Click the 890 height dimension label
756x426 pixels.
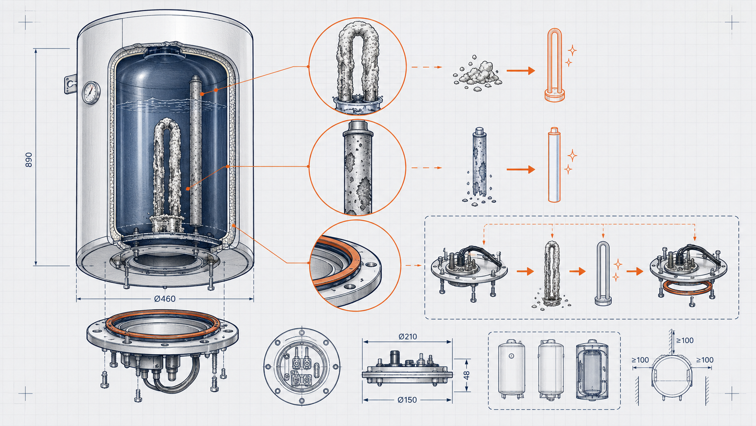click(x=28, y=159)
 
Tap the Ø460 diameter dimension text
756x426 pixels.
click(x=165, y=299)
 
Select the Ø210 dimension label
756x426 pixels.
click(x=407, y=336)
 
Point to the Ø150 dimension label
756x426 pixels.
click(x=407, y=400)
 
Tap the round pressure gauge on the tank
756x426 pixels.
click(x=91, y=92)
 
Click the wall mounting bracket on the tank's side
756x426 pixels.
click(x=71, y=84)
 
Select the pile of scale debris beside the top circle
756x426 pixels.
click(x=477, y=74)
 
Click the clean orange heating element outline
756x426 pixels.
click(x=554, y=65)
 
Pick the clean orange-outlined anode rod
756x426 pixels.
click(x=554, y=165)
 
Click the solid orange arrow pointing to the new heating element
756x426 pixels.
click(x=520, y=71)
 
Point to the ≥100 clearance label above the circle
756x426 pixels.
click(x=685, y=340)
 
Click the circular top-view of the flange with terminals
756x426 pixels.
click(x=302, y=366)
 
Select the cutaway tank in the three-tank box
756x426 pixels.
click(x=592, y=370)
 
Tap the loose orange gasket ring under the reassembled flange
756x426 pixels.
click(x=687, y=287)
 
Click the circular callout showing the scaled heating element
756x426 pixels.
click(x=357, y=67)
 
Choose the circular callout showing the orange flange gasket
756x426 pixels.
click(x=355, y=265)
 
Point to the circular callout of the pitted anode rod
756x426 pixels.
click(x=357, y=167)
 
